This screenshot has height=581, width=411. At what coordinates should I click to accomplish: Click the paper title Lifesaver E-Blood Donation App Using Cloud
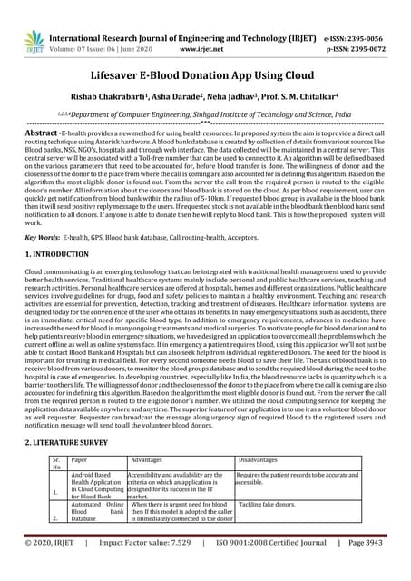coord(205,79)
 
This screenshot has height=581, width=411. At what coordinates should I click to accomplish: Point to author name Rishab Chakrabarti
coord(128,103)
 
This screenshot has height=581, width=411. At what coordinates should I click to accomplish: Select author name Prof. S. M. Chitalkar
coord(287,103)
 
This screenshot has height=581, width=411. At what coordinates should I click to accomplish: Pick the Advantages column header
coord(147,461)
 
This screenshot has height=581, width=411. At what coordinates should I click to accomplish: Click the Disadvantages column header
coord(264,461)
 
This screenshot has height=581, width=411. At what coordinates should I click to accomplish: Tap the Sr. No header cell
coord(57,466)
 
